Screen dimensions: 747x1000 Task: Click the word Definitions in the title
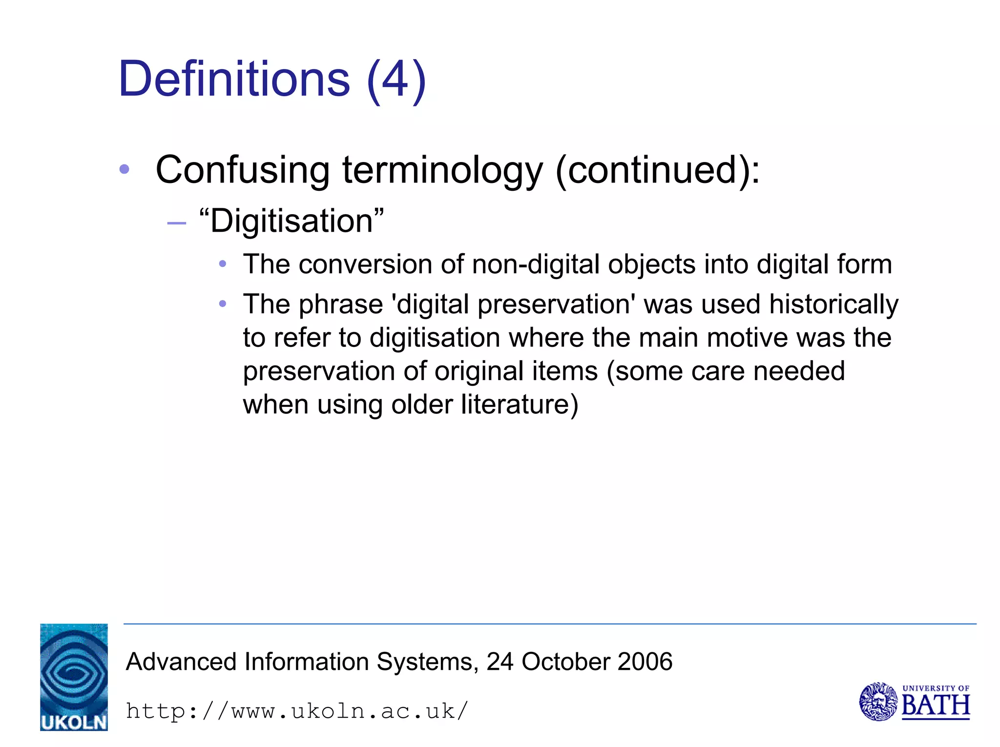tap(234, 79)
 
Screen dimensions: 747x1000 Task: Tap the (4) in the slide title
tap(396, 80)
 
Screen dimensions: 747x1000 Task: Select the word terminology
tap(442, 170)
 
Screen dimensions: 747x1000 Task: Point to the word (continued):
tap(657, 170)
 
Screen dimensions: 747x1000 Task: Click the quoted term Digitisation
tap(292, 221)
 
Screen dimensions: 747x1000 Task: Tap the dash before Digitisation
tap(176, 223)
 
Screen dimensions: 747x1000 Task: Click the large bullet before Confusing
tap(125, 169)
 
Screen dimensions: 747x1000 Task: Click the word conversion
tap(365, 264)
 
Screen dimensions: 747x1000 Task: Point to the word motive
tap(747, 338)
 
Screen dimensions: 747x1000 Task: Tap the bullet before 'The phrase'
tap(223, 304)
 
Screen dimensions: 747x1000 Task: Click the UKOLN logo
tap(74, 677)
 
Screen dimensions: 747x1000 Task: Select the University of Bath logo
tap(914, 702)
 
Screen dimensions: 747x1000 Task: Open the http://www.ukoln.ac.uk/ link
tap(297, 711)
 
